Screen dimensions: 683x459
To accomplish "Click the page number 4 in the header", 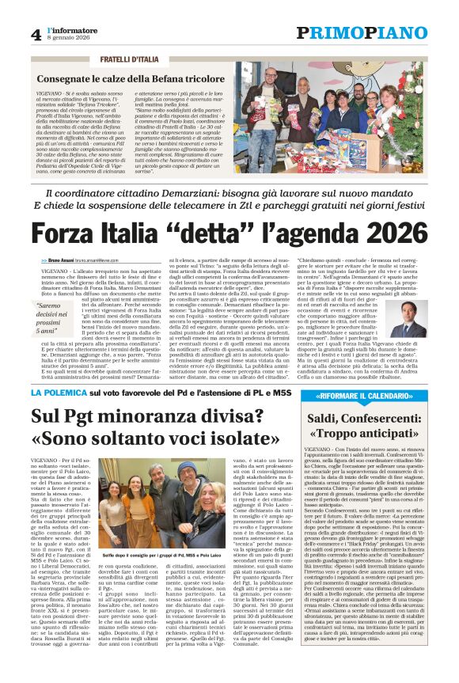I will pyautogui.click(x=36, y=34).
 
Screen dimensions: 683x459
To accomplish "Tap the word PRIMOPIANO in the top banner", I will pyautogui.click(x=361, y=32).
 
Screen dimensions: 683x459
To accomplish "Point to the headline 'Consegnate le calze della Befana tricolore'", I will pyautogui.click(x=129, y=80).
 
